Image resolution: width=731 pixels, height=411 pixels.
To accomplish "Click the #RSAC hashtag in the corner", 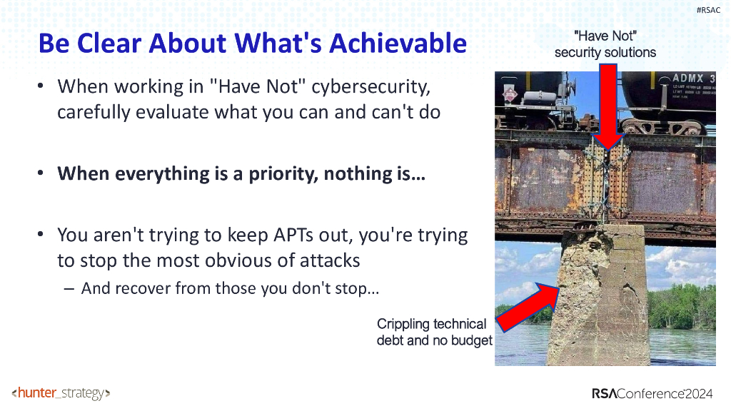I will [708, 9].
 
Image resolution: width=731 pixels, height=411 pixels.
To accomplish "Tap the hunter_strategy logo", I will [61, 393].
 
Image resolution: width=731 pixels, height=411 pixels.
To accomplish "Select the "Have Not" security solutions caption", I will [605, 44].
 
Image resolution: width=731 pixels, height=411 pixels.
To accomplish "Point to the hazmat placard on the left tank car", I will [510, 95].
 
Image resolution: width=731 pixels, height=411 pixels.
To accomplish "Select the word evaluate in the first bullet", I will [161, 112].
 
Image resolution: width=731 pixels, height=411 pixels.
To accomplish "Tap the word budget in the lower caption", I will [471, 340].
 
